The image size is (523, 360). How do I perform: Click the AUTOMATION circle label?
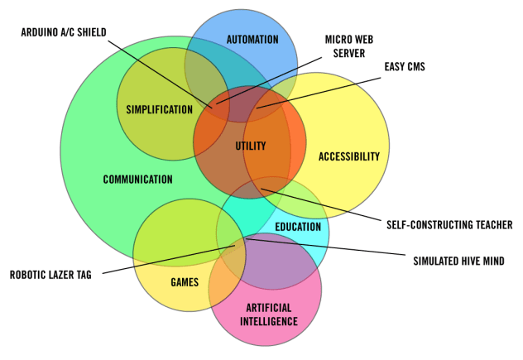(x=253, y=39)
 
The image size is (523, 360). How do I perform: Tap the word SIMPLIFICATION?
(x=160, y=109)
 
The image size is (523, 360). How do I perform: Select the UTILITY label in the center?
(x=250, y=146)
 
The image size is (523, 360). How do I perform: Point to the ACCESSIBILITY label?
(x=348, y=156)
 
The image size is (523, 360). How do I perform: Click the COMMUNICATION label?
(x=137, y=179)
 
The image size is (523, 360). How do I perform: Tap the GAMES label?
(x=185, y=282)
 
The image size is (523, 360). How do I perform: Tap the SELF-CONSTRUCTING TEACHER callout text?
(x=449, y=224)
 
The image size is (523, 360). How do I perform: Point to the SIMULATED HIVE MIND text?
(x=458, y=260)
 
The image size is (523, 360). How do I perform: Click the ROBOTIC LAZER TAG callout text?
(x=51, y=275)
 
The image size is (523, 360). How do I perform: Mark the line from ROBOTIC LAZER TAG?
(x=166, y=257)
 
